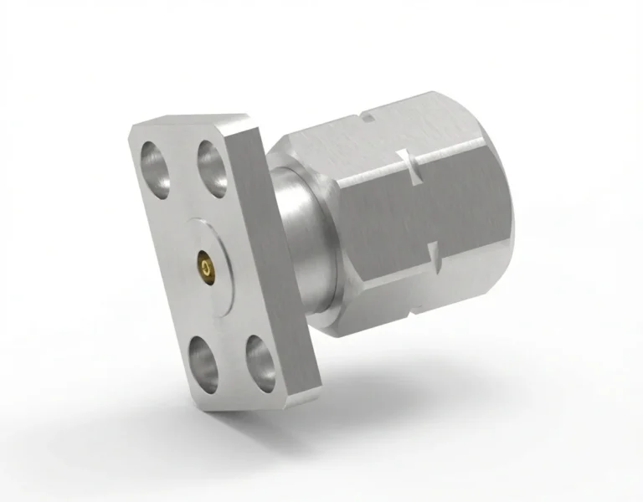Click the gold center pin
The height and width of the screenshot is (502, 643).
pos(204,265)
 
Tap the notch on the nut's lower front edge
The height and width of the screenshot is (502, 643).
pos(433,252)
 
